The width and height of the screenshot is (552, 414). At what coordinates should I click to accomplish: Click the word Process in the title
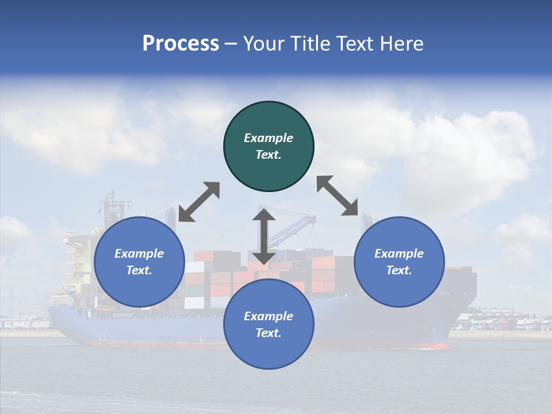[181, 44]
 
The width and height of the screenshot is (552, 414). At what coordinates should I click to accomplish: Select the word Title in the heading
[308, 44]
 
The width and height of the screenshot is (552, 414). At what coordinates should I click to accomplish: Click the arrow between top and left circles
[199, 202]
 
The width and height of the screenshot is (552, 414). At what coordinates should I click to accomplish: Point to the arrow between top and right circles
[338, 195]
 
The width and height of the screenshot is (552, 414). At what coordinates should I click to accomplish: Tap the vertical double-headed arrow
[264, 236]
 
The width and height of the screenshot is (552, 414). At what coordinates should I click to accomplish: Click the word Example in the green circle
[269, 138]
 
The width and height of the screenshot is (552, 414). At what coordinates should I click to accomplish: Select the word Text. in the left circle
[139, 270]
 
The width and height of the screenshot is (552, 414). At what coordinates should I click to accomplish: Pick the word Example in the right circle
[399, 254]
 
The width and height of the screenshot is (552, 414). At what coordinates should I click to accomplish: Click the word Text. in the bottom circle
[269, 333]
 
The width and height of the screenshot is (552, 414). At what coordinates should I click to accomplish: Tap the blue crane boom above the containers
[290, 227]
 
